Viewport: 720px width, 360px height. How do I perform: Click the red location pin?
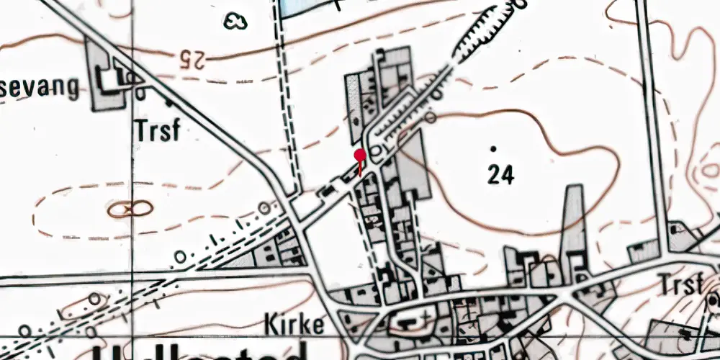click(x=360, y=155)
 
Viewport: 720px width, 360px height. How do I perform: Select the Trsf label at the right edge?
click(x=680, y=285)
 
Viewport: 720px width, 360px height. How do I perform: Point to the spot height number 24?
click(x=500, y=174)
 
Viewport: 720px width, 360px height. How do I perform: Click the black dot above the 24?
click(x=493, y=149)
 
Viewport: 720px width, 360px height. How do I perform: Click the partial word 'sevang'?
click(x=40, y=88)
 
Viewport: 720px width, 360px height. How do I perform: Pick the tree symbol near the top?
click(x=234, y=21)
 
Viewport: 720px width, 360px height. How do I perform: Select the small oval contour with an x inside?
click(x=130, y=209)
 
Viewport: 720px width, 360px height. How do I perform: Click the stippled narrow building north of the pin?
click(x=354, y=108)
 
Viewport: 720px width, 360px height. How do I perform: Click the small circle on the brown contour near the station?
click(x=431, y=116)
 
